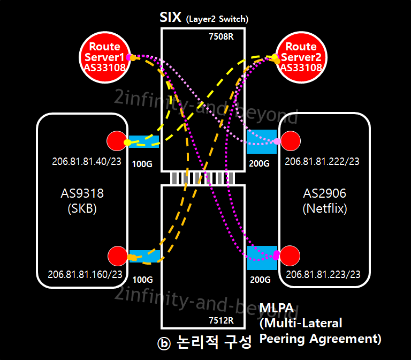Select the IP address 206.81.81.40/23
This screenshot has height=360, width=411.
pos(87,161)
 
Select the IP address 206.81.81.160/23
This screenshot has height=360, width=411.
pos(85,274)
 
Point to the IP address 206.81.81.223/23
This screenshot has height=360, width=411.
pos(323,274)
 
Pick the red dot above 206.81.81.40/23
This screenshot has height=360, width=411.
pos(117,141)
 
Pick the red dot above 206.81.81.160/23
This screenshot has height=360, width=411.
pos(117,256)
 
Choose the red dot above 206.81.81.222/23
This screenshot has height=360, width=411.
pos(291,141)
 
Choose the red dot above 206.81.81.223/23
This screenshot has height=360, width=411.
pos(291,256)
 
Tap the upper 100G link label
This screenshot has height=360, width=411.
pos(142,163)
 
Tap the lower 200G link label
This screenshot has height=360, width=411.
pos(260,279)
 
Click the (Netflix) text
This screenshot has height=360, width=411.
pos(324,208)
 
